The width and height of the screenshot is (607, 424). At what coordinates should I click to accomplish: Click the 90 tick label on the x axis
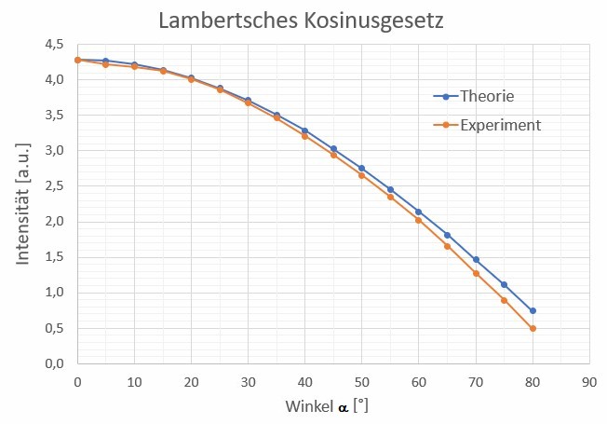588,382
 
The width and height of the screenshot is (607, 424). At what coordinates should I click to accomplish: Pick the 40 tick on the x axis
304,382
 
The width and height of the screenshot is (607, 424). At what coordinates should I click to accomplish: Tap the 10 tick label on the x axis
134,382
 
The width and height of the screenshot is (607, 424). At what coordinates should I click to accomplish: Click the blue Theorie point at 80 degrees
533,310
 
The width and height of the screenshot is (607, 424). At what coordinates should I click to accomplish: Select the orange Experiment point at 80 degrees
533,328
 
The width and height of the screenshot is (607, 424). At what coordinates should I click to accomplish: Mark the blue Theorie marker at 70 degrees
476,259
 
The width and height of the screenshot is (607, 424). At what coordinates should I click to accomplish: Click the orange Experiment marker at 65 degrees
447,246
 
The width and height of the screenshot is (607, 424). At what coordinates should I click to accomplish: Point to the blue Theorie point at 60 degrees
419,212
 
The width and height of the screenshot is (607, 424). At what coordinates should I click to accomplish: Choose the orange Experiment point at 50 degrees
361,175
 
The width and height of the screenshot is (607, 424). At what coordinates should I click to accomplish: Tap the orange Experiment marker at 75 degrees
504,300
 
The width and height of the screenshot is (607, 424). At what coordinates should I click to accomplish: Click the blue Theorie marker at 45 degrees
333,148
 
